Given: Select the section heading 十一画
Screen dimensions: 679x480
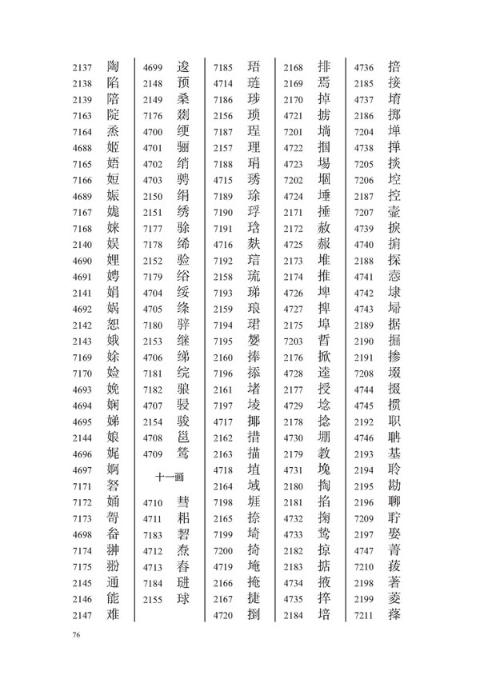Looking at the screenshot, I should click(x=170, y=475).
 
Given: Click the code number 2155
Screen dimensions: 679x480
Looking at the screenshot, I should click(x=153, y=596).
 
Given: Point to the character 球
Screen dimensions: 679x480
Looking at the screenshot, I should click(x=184, y=596).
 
